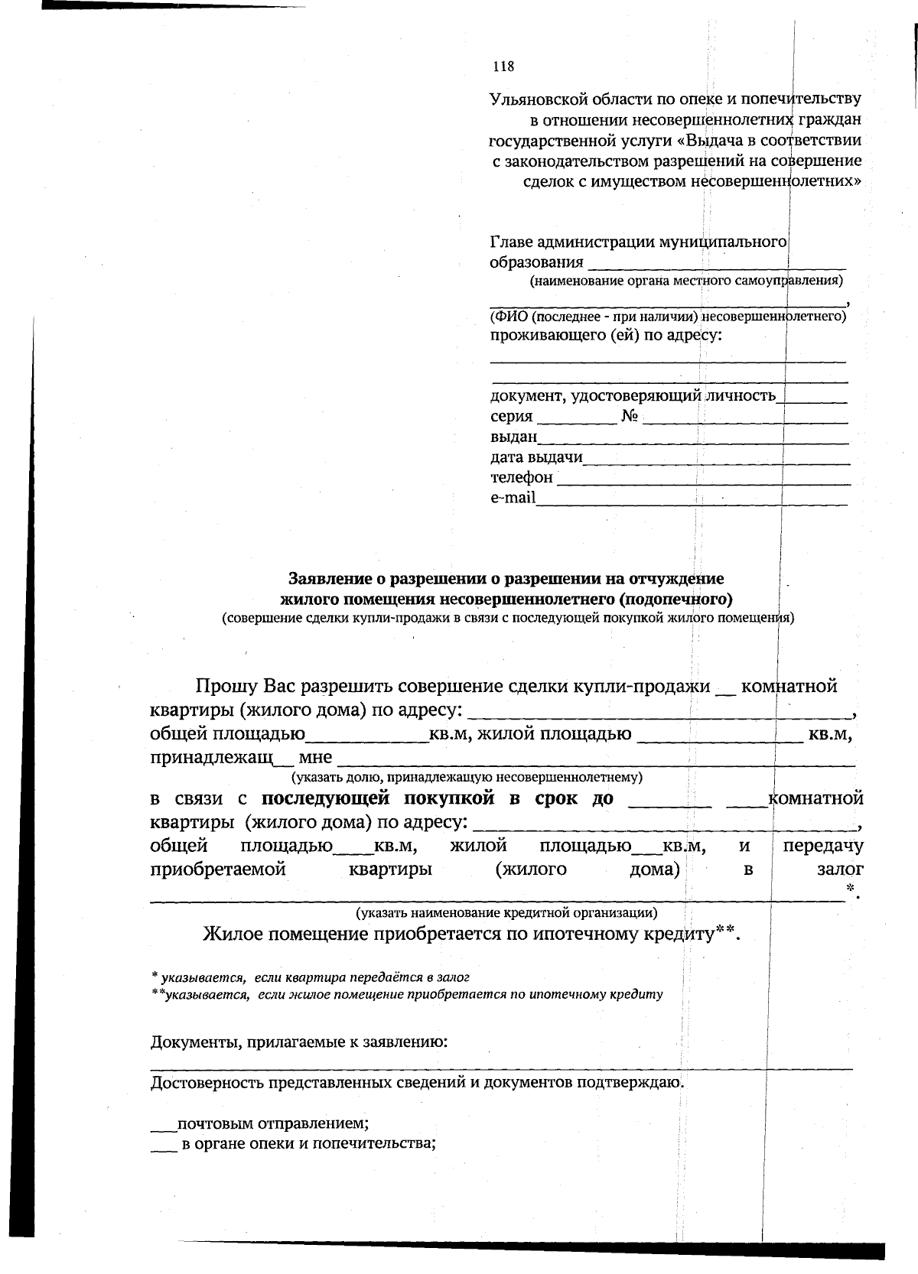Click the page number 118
click(503, 67)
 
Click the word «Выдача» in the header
click(712, 141)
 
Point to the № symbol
click(630, 417)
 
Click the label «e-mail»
click(513, 498)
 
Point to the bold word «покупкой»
click(438, 799)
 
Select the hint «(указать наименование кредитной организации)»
click(506, 912)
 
